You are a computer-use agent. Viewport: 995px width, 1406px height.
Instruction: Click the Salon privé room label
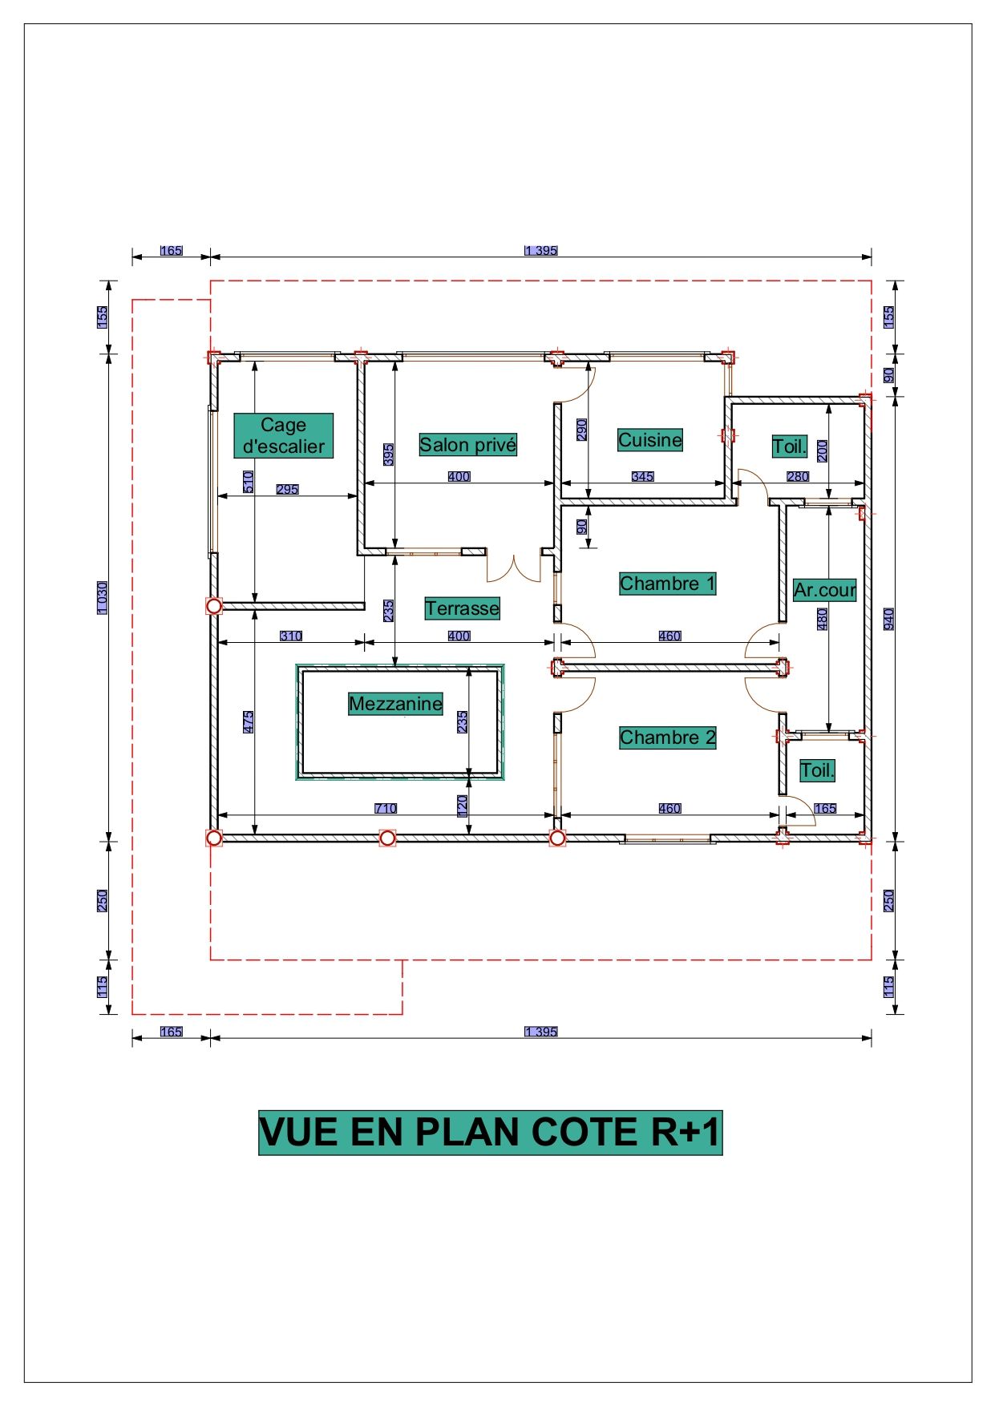tap(468, 445)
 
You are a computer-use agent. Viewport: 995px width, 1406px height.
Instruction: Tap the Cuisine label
tap(650, 440)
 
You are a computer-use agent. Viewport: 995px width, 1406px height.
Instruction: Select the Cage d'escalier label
tap(284, 436)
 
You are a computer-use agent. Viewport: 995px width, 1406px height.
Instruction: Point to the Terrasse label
tap(463, 608)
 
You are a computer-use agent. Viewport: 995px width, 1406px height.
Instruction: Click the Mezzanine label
tap(396, 704)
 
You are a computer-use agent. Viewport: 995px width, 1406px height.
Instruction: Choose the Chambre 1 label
tap(668, 584)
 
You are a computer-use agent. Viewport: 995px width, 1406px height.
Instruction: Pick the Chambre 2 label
tap(668, 737)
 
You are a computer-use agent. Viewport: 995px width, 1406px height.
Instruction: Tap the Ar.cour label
tap(825, 590)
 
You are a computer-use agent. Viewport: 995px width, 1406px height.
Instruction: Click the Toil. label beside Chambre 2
tap(818, 770)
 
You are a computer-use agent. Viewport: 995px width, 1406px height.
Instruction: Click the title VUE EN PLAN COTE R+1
tap(491, 1133)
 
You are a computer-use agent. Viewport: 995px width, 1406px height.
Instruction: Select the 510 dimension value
tap(249, 482)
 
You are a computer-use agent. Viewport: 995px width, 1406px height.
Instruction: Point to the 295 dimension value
tap(288, 489)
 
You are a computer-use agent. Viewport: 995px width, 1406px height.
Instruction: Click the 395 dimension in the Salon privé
tap(389, 455)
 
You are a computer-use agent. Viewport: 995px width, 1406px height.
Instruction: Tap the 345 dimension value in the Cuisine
tap(643, 476)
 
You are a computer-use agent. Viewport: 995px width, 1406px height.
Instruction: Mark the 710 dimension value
tap(386, 808)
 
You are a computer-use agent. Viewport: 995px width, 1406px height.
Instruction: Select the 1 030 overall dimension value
tap(103, 598)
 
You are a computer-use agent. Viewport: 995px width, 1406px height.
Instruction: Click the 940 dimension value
tap(888, 619)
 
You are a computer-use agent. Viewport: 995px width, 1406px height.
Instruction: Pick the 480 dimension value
tap(822, 619)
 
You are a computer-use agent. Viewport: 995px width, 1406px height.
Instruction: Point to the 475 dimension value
tap(249, 721)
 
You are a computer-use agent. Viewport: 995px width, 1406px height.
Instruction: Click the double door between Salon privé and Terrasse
tap(514, 568)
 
